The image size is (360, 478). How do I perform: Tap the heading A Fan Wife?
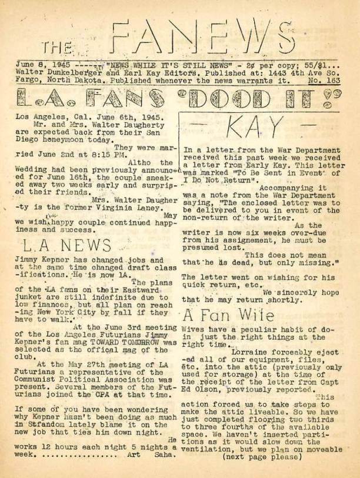228,313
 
